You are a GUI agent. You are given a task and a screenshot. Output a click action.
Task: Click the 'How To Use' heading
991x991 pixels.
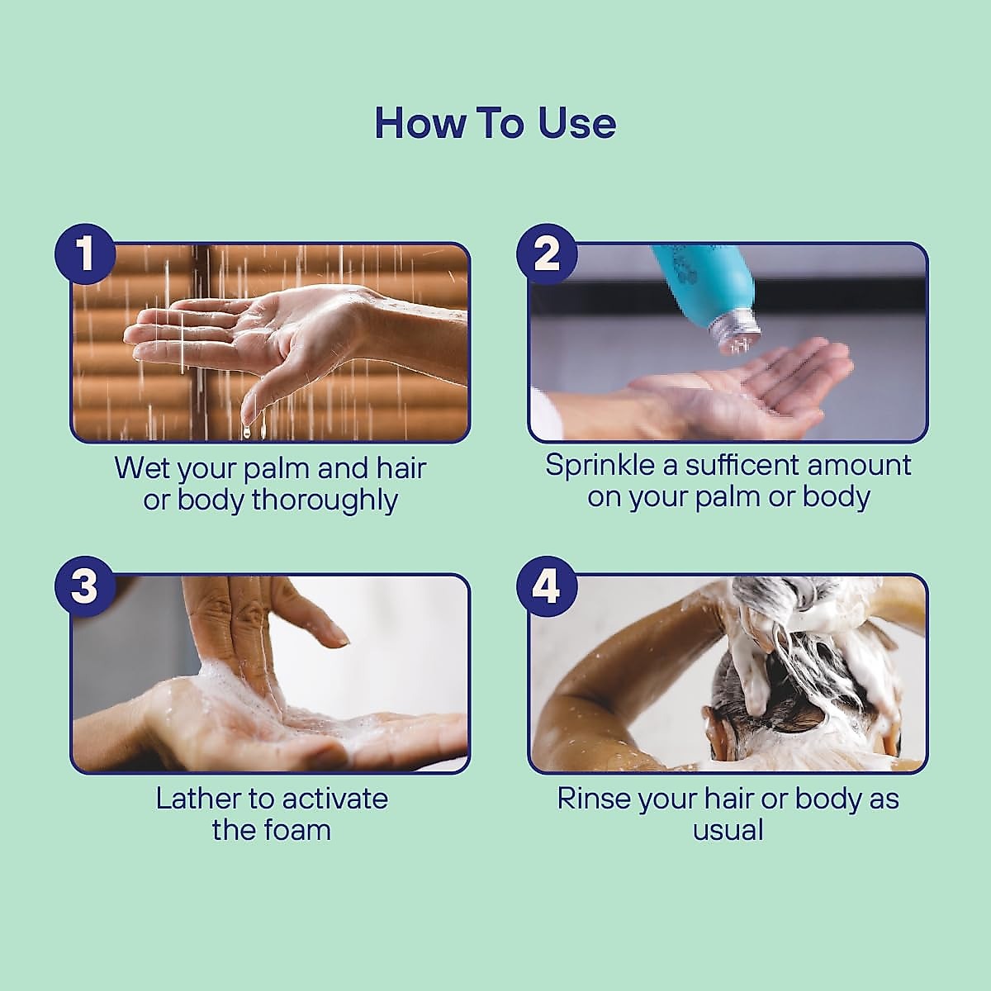point(495,123)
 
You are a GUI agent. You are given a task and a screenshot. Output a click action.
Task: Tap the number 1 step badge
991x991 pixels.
point(85,254)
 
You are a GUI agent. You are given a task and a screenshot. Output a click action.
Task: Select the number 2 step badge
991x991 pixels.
point(547,254)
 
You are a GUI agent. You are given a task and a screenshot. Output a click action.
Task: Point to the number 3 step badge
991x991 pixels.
point(85,586)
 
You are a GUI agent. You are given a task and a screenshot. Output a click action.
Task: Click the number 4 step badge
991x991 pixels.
point(547,586)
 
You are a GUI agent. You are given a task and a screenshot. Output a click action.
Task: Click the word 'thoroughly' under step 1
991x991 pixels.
point(325,500)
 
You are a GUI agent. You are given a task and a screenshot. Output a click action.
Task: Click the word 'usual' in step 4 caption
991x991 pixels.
point(728,831)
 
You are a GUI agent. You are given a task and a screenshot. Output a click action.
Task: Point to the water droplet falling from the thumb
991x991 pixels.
point(248,431)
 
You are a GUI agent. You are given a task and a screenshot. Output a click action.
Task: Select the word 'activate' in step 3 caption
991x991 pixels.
point(334,799)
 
